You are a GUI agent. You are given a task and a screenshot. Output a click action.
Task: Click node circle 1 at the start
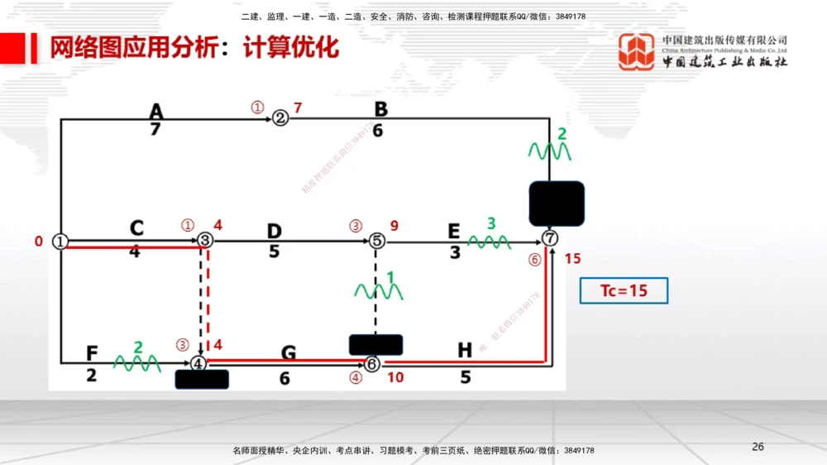point(60,241)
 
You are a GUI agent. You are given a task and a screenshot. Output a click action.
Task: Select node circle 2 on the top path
point(280,117)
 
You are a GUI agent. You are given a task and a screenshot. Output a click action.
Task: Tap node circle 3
point(205,240)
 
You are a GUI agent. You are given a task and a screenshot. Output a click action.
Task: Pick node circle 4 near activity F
point(198,362)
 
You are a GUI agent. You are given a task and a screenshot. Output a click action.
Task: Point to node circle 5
point(376,241)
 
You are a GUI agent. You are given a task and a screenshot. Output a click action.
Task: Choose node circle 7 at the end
point(551,238)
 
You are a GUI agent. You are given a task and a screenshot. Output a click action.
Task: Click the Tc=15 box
point(624,291)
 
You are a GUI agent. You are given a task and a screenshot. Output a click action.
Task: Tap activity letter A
point(156,110)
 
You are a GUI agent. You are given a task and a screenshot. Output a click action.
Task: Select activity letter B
point(380,109)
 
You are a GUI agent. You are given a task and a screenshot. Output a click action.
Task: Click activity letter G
point(288,354)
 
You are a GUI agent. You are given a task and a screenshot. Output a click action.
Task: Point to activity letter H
point(465,351)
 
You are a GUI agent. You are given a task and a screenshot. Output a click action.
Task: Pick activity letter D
point(274,230)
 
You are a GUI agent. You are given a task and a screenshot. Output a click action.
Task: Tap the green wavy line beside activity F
point(136,363)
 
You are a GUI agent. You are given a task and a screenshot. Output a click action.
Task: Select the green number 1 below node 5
point(390,276)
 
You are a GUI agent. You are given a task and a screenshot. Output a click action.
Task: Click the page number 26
point(758,447)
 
